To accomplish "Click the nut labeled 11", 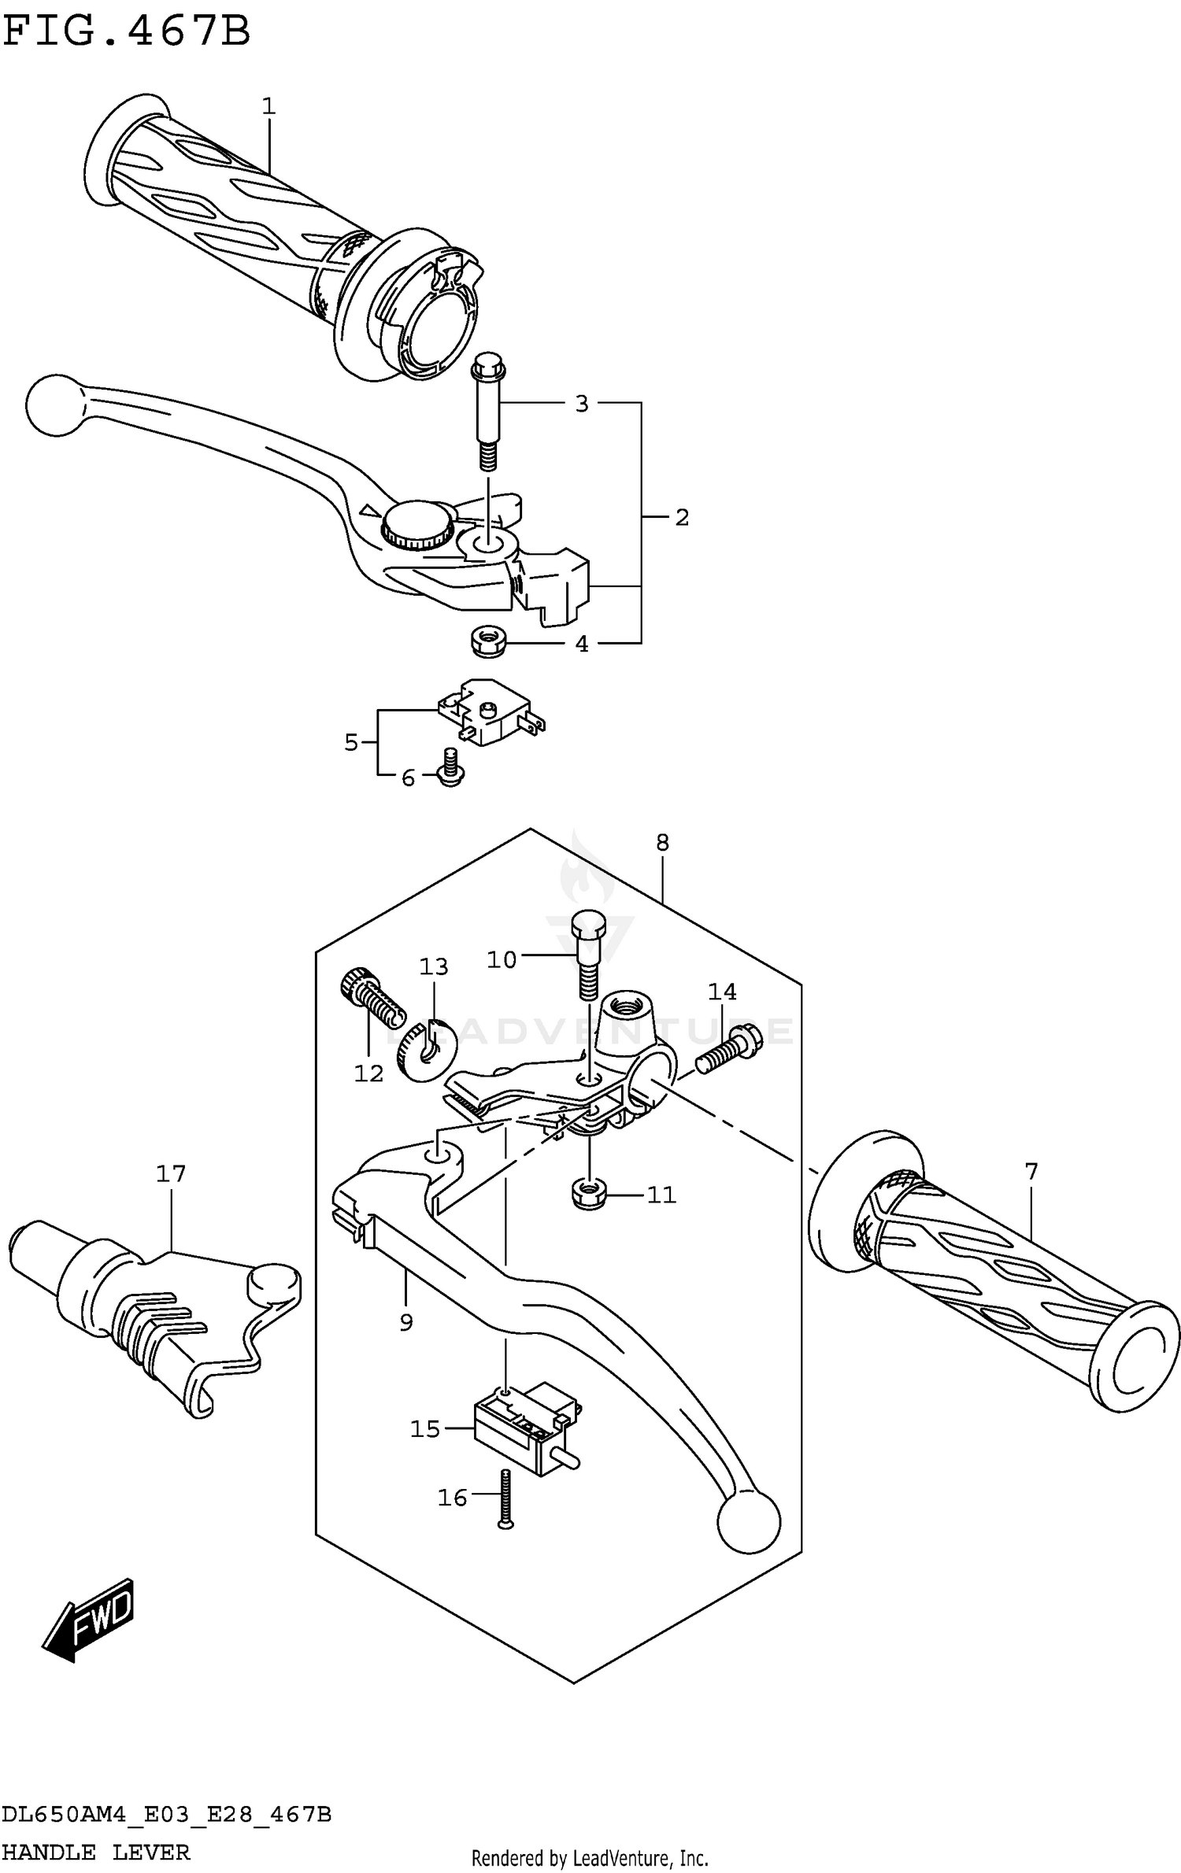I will pyautogui.click(x=587, y=1195).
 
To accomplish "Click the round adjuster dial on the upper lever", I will pyautogui.click(x=416, y=523).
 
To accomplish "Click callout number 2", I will pyautogui.click(x=682, y=518).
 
